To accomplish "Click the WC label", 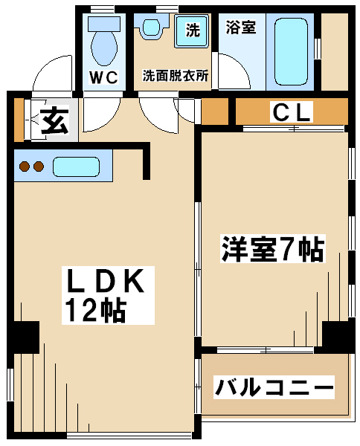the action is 103,77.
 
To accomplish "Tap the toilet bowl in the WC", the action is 104,48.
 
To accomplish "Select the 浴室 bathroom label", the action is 241,27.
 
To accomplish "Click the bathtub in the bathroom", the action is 291,51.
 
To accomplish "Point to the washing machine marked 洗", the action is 192,30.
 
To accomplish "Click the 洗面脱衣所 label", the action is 176,76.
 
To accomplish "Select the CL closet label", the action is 291,112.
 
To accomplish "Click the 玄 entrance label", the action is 54,120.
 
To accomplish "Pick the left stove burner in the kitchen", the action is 25,167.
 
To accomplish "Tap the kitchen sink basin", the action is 76,167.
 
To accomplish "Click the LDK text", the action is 106,281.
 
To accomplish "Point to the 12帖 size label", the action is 95,309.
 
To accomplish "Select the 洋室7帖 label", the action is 273,249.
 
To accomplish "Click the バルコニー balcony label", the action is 274,387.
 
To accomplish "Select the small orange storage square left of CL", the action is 215,111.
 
